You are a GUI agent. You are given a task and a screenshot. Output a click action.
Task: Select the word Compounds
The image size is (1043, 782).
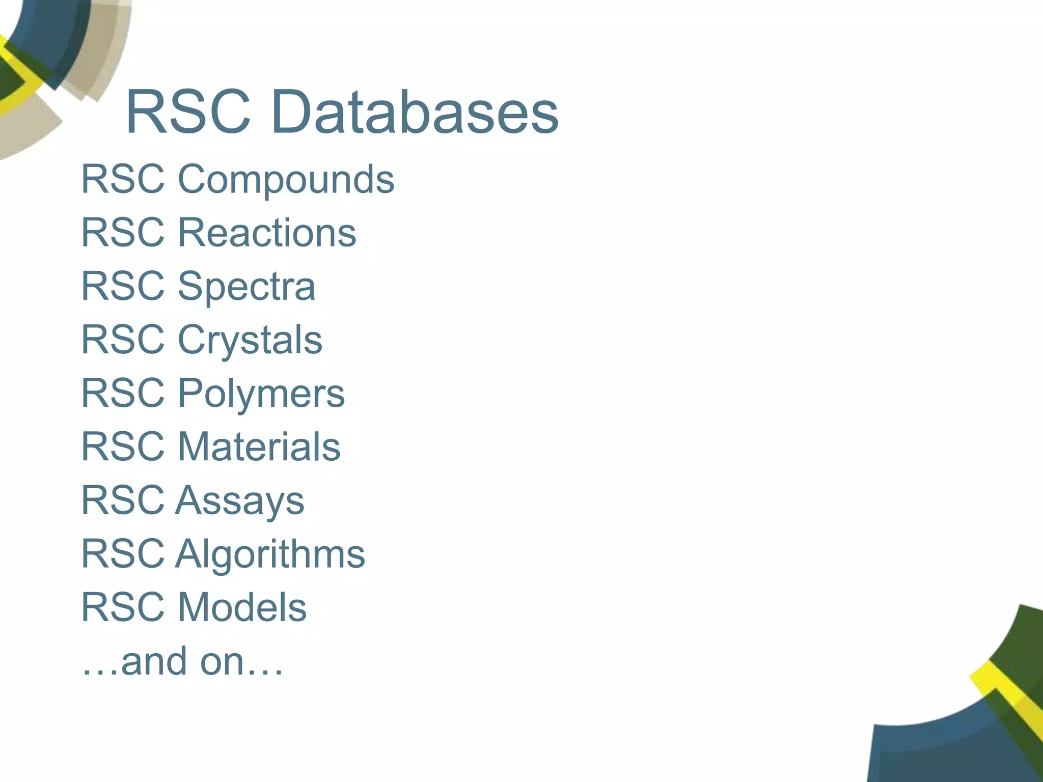coord(286,180)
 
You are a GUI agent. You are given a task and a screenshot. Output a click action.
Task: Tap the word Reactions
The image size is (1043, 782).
coord(266,233)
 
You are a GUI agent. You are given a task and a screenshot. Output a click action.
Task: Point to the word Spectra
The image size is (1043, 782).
coord(246,287)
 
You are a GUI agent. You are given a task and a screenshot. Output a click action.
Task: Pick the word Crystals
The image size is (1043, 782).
coord(250,340)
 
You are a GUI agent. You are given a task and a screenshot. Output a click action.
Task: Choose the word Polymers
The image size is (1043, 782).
coord(261,394)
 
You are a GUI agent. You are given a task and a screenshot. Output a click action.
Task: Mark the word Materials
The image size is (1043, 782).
coord(259,447)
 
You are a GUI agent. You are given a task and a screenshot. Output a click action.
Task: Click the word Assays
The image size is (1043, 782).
coord(239,500)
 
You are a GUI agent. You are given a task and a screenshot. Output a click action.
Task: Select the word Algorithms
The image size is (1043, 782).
coord(270,554)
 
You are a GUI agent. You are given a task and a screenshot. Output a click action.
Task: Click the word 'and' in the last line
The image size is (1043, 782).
coord(154,661)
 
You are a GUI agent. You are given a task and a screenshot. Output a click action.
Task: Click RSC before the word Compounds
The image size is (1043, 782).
coord(123,180)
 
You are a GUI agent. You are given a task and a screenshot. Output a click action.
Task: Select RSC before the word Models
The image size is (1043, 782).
coord(123,607)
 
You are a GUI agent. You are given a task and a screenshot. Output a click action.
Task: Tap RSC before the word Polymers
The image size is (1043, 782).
coord(123,394)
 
